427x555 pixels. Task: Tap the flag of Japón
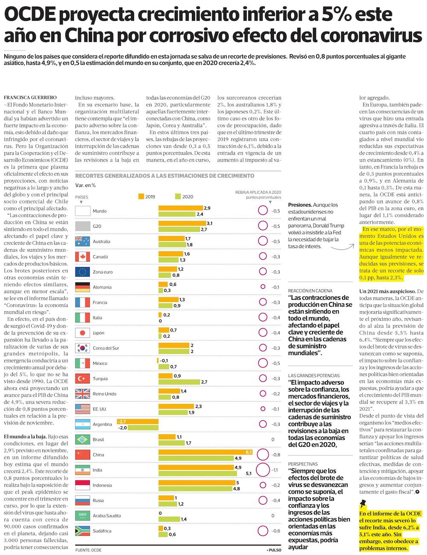[x=82, y=333]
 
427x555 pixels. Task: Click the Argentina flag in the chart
[x=82, y=424]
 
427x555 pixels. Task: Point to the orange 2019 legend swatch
[x=141, y=196]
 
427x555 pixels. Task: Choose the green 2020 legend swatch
[x=178, y=196]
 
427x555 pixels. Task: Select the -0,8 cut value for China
[x=276, y=455]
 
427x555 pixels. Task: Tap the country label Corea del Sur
[x=106, y=348]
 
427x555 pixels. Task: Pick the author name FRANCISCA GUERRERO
[x=30, y=98]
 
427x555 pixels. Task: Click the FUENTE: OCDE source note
[x=88, y=550]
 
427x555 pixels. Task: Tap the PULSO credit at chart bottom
[x=273, y=550]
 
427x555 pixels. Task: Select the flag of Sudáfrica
[x=82, y=531]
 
